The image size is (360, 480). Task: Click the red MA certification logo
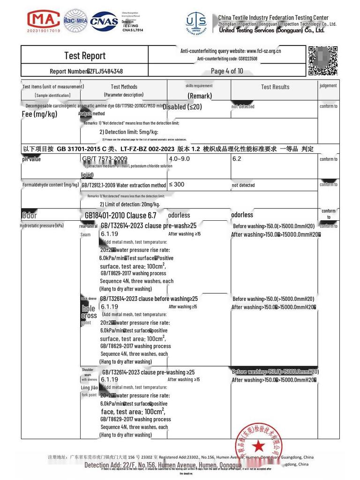(x=44, y=20)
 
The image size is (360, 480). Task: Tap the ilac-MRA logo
(x=75, y=21)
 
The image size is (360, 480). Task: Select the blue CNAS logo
(x=105, y=21)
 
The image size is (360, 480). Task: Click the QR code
(x=323, y=60)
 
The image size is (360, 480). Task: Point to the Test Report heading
(x=85, y=56)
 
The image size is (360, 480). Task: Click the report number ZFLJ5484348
(x=105, y=72)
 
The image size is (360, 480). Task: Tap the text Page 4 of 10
(x=227, y=71)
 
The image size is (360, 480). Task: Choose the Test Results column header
(x=275, y=87)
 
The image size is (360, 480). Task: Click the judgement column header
(x=328, y=86)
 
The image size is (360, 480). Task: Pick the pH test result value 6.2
(x=237, y=159)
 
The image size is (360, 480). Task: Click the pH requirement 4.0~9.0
(x=180, y=159)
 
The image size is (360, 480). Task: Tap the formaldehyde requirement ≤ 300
(x=176, y=185)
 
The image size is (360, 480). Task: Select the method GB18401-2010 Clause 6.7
(x=120, y=216)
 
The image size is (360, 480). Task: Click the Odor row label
(x=30, y=216)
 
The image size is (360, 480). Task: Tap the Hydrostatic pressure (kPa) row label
(x=42, y=226)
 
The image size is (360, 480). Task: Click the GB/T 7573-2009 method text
(x=105, y=159)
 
